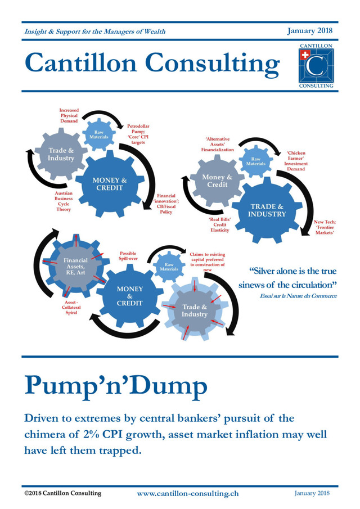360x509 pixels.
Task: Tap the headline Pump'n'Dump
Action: (116, 386)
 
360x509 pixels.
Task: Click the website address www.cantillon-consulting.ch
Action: (188, 493)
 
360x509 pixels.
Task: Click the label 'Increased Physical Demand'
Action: (68, 115)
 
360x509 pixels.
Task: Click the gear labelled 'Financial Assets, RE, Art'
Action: (75, 265)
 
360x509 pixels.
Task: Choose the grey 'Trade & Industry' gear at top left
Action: (61, 154)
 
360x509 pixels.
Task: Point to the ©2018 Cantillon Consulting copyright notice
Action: (62, 493)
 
